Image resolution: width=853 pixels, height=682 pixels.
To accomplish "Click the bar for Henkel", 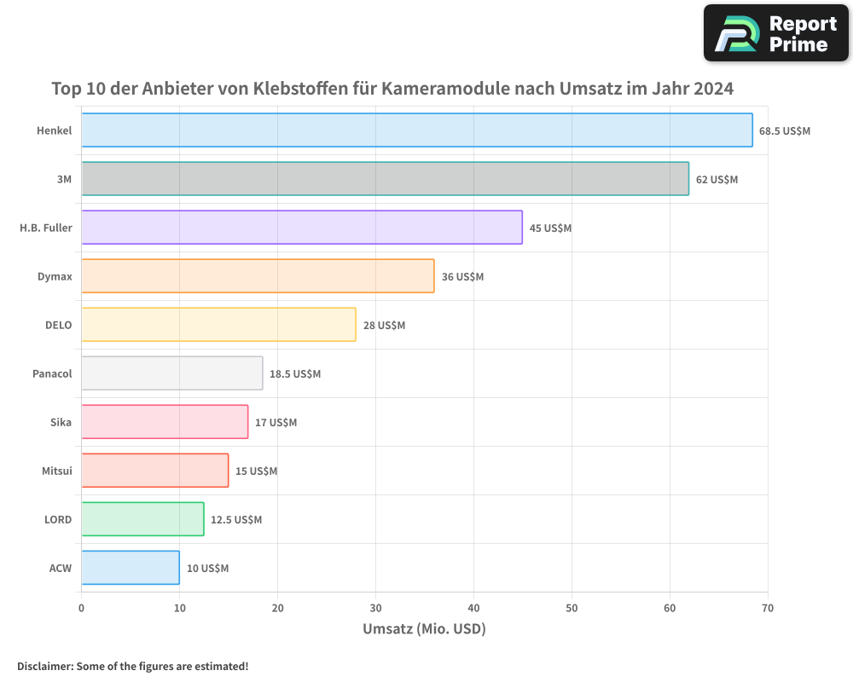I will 416,130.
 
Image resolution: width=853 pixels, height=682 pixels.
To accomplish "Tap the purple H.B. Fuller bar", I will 301,227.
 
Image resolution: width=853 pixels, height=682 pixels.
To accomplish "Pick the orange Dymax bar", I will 258,275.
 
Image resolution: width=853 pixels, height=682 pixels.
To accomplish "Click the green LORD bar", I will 142,518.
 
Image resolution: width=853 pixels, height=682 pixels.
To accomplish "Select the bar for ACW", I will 130,567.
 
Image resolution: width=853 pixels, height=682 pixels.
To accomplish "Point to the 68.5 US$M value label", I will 785,130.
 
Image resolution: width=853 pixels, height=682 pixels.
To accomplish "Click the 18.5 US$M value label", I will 295,373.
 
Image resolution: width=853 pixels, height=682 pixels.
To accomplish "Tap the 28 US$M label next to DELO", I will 384,325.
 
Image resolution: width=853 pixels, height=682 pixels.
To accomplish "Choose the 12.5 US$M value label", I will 236,519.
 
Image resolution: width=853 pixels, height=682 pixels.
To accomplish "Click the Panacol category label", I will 52,373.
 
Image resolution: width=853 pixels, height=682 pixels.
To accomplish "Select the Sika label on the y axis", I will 61,422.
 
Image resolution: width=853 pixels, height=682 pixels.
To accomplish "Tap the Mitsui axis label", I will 56,471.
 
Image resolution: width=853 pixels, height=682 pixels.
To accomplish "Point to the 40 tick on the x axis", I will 473,608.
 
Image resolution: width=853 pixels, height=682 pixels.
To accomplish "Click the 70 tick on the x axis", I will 768,608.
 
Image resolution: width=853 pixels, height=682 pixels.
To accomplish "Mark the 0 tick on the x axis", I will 81,608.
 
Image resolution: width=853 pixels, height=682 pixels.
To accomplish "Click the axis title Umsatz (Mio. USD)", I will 424,629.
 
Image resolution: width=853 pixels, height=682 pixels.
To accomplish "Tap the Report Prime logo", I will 775,32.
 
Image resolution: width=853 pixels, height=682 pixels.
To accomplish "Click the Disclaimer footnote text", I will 132,666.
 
